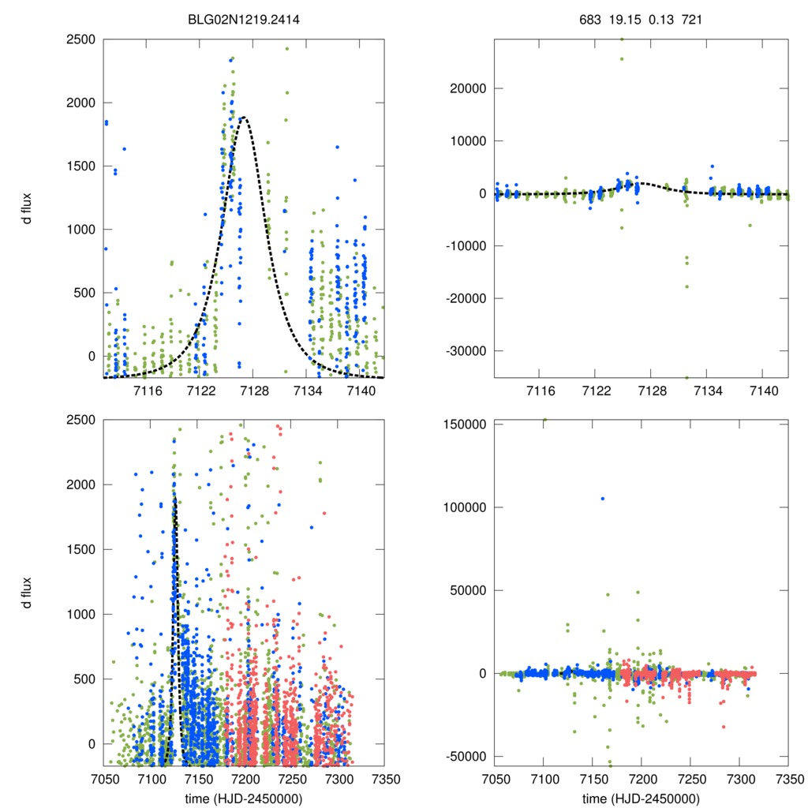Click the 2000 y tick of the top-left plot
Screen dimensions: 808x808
82,103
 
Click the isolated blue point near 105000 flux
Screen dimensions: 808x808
603,498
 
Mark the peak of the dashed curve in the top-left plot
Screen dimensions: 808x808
245,117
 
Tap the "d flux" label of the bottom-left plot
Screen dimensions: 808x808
28,593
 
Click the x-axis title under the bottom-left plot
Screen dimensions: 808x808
244,797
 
